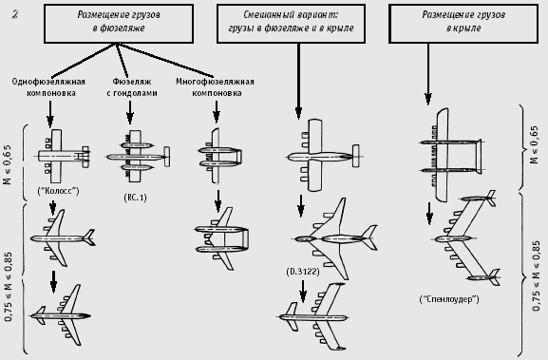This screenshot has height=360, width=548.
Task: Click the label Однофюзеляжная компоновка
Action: (x=48, y=87)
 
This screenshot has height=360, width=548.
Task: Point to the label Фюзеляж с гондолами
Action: (x=132, y=87)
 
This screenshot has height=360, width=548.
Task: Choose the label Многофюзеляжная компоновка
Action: (x=215, y=87)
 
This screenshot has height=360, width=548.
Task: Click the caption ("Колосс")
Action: (x=58, y=191)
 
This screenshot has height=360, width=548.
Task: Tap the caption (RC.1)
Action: (x=135, y=198)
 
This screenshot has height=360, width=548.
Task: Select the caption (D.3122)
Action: (x=303, y=272)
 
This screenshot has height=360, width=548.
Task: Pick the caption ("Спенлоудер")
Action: (x=449, y=299)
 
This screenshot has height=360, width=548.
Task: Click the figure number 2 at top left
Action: (x=14, y=14)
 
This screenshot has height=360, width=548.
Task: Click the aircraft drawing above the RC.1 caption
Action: (x=138, y=156)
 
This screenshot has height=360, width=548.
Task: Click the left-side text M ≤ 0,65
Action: (x=8, y=164)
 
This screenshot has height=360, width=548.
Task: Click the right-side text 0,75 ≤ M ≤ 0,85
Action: (x=536, y=275)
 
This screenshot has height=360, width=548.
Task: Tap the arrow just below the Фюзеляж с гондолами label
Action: (x=130, y=112)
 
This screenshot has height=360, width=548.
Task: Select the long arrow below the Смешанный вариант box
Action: (x=298, y=82)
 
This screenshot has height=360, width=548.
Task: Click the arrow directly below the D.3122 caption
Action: (x=303, y=292)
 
